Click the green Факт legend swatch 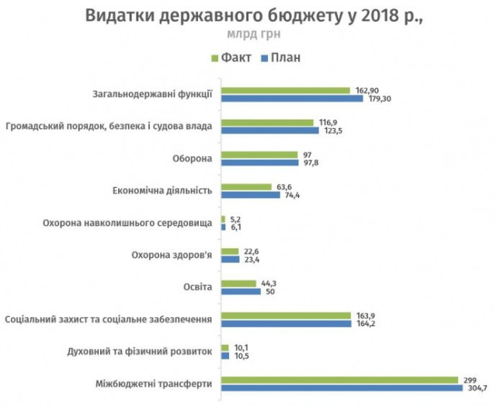click(x=214, y=57)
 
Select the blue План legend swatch click(x=265, y=57)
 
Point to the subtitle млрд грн click(x=248, y=36)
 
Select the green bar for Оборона click(x=259, y=154)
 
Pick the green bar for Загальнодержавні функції click(x=286, y=90)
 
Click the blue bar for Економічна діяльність click(x=251, y=195)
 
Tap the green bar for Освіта click(x=238, y=283)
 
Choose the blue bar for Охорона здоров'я click(x=231, y=259)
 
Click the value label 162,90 click(x=366, y=90)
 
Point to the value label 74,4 click(x=292, y=195)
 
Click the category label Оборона click(x=192, y=159)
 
